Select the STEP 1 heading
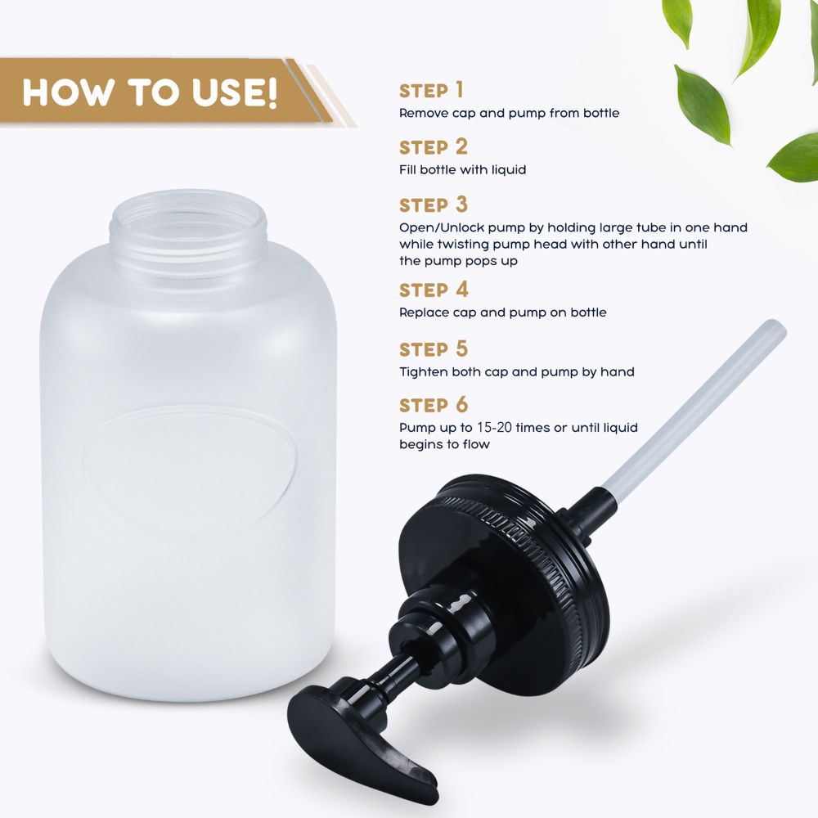tap(431, 91)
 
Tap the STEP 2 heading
tap(434, 147)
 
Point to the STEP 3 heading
tap(434, 205)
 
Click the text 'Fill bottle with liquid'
tap(463, 170)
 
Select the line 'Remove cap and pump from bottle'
tap(509, 114)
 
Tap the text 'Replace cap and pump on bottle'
tap(503, 313)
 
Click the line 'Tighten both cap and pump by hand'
tap(517, 372)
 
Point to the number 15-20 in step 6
tap(494, 428)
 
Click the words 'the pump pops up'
tap(459, 262)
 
